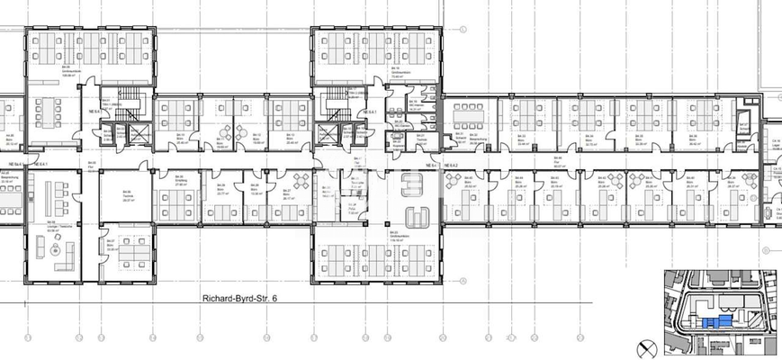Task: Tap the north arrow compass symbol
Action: click(645, 346)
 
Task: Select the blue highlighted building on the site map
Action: click(717, 320)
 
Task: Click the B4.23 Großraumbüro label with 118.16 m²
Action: click(394, 236)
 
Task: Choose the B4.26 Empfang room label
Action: click(180, 180)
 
